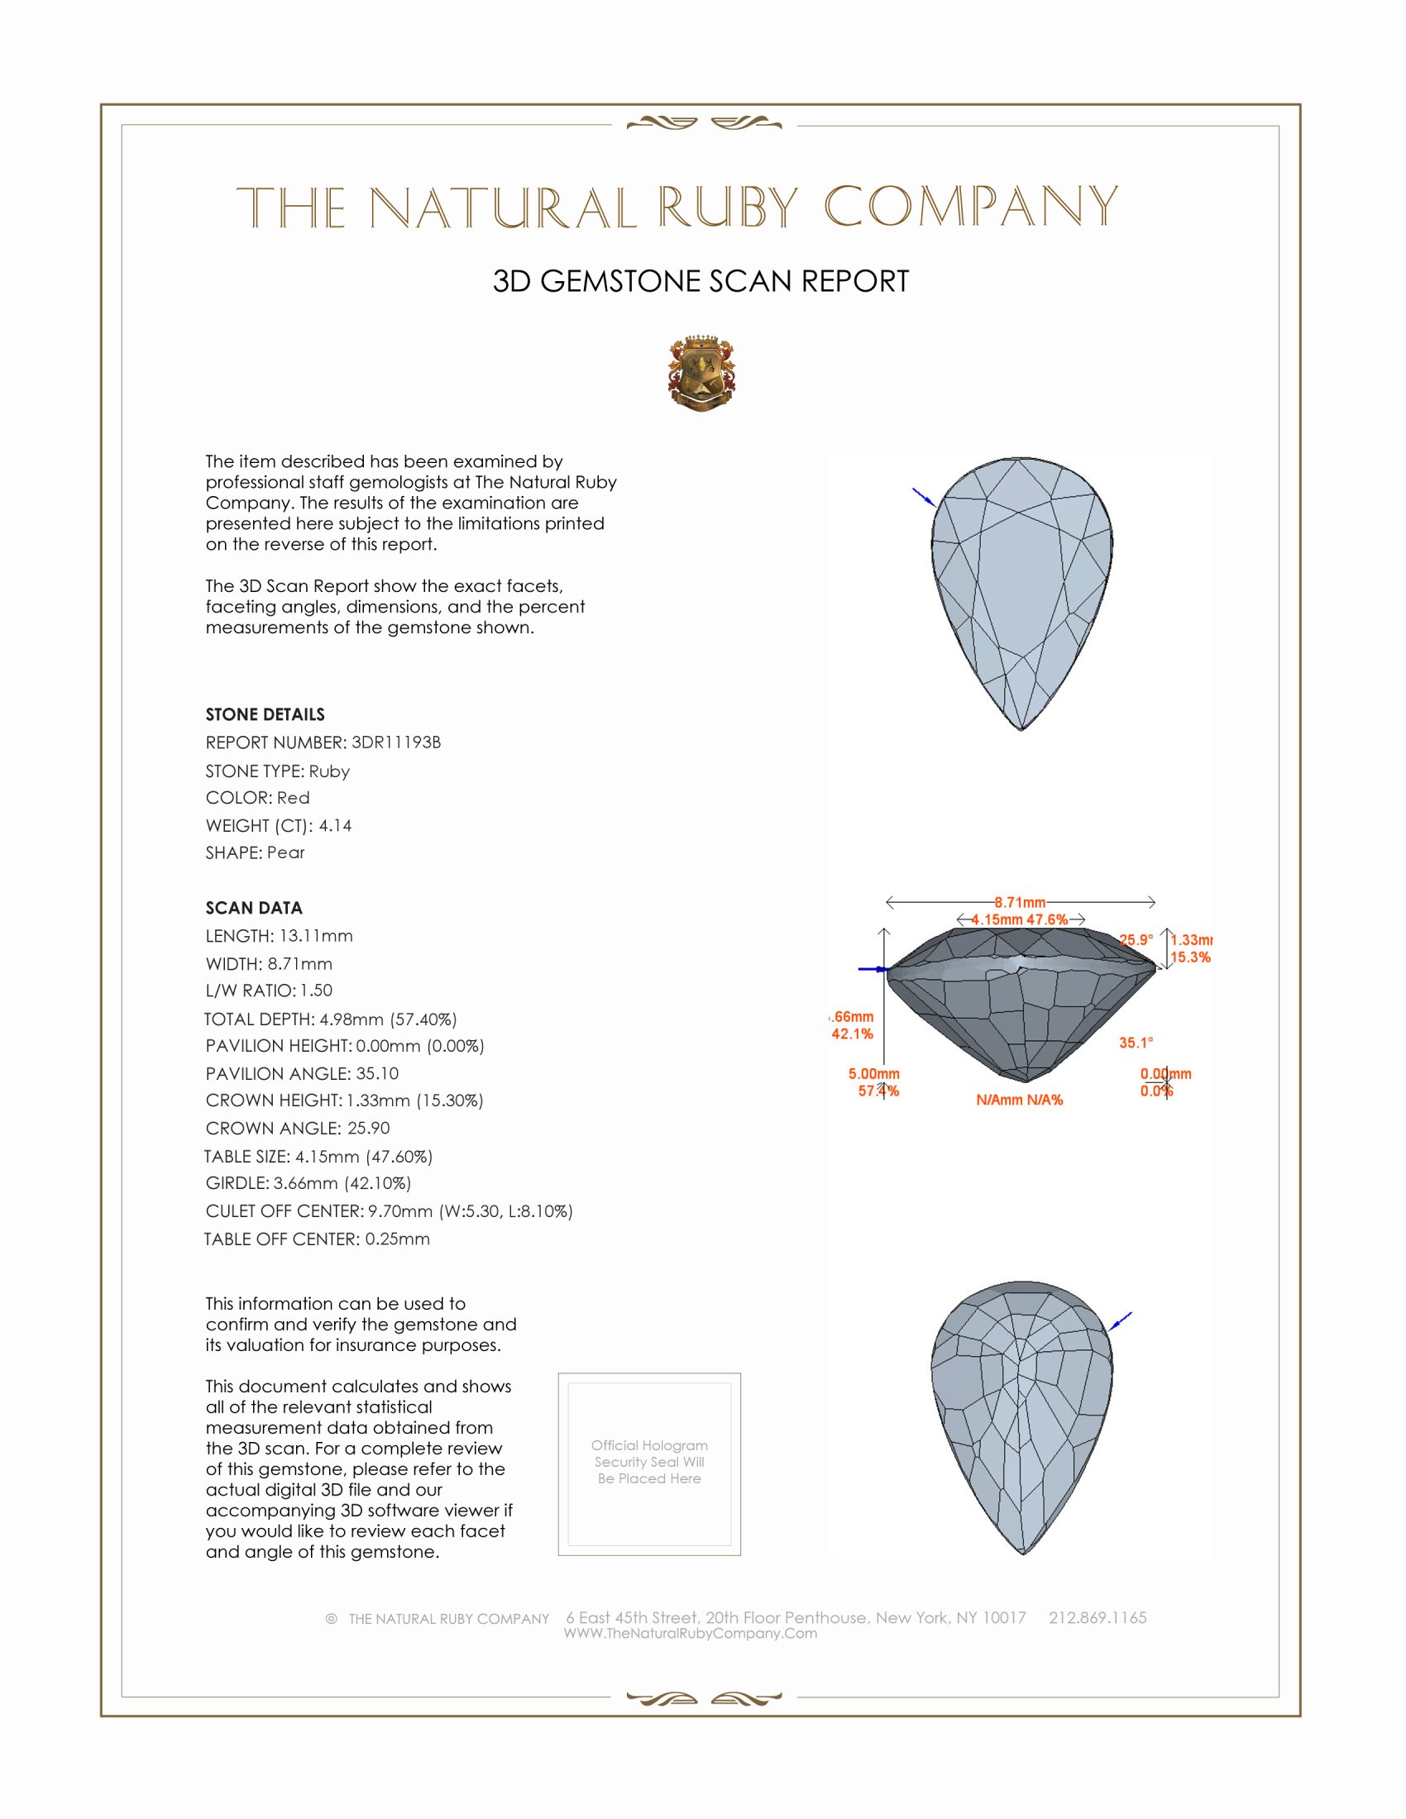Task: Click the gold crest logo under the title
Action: [x=701, y=373]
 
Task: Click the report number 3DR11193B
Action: [x=395, y=742]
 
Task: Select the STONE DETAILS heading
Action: [x=265, y=714]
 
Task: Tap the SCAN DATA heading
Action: [x=254, y=908]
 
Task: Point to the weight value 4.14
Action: [x=335, y=825]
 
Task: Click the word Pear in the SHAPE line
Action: [x=285, y=853]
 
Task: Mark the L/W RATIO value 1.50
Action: [x=317, y=991]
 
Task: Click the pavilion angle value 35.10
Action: [x=377, y=1073]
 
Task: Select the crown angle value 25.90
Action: [x=368, y=1129]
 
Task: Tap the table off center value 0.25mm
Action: [x=397, y=1239]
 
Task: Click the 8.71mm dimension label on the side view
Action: [x=1020, y=902]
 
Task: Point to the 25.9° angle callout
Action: [x=1136, y=939]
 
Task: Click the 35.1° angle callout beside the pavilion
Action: [x=1136, y=1043]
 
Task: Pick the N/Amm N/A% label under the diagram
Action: [x=1020, y=1100]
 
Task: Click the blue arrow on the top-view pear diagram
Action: [x=923, y=497]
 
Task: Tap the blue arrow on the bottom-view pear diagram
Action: [x=1121, y=1321]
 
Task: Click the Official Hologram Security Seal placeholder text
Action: [x=649, y=1462]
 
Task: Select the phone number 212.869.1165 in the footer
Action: [x=1097, y=1618]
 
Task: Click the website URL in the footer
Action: [x=691, y=1634]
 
